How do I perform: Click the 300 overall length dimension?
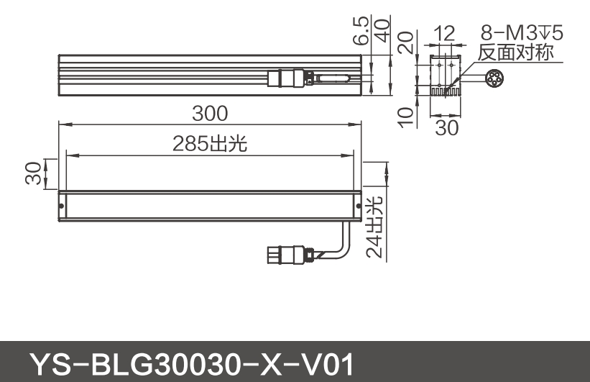210,114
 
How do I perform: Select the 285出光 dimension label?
210,144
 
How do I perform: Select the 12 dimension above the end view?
446,33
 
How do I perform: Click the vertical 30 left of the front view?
33,173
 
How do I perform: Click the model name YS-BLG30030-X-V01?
190,365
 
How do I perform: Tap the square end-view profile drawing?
446,74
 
